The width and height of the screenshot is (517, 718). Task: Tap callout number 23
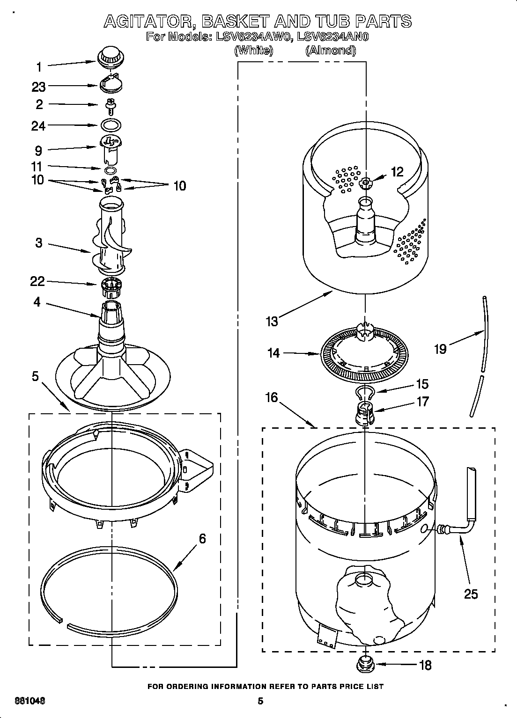click(x=39, y=87)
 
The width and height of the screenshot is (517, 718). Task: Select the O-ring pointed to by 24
click(x=111, y=125)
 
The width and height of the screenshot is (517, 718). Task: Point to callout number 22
click(x=37, y=281)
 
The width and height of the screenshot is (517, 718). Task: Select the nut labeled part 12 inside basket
click(x=366, y=183)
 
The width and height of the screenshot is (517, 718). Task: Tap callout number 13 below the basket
click(x=272, y=321)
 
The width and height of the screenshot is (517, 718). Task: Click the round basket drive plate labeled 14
click(x=365, y=355)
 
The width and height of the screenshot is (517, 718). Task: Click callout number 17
click(x=422, y=402)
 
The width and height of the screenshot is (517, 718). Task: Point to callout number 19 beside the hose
click(x=440, y=349)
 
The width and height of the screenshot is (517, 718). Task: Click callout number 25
click(x=471, y=594)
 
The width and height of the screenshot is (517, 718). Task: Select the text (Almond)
click(x=330, y=51)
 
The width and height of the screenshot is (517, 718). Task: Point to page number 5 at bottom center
click(x=261, y=701)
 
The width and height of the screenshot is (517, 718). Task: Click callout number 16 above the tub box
click(x=272, y=397)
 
